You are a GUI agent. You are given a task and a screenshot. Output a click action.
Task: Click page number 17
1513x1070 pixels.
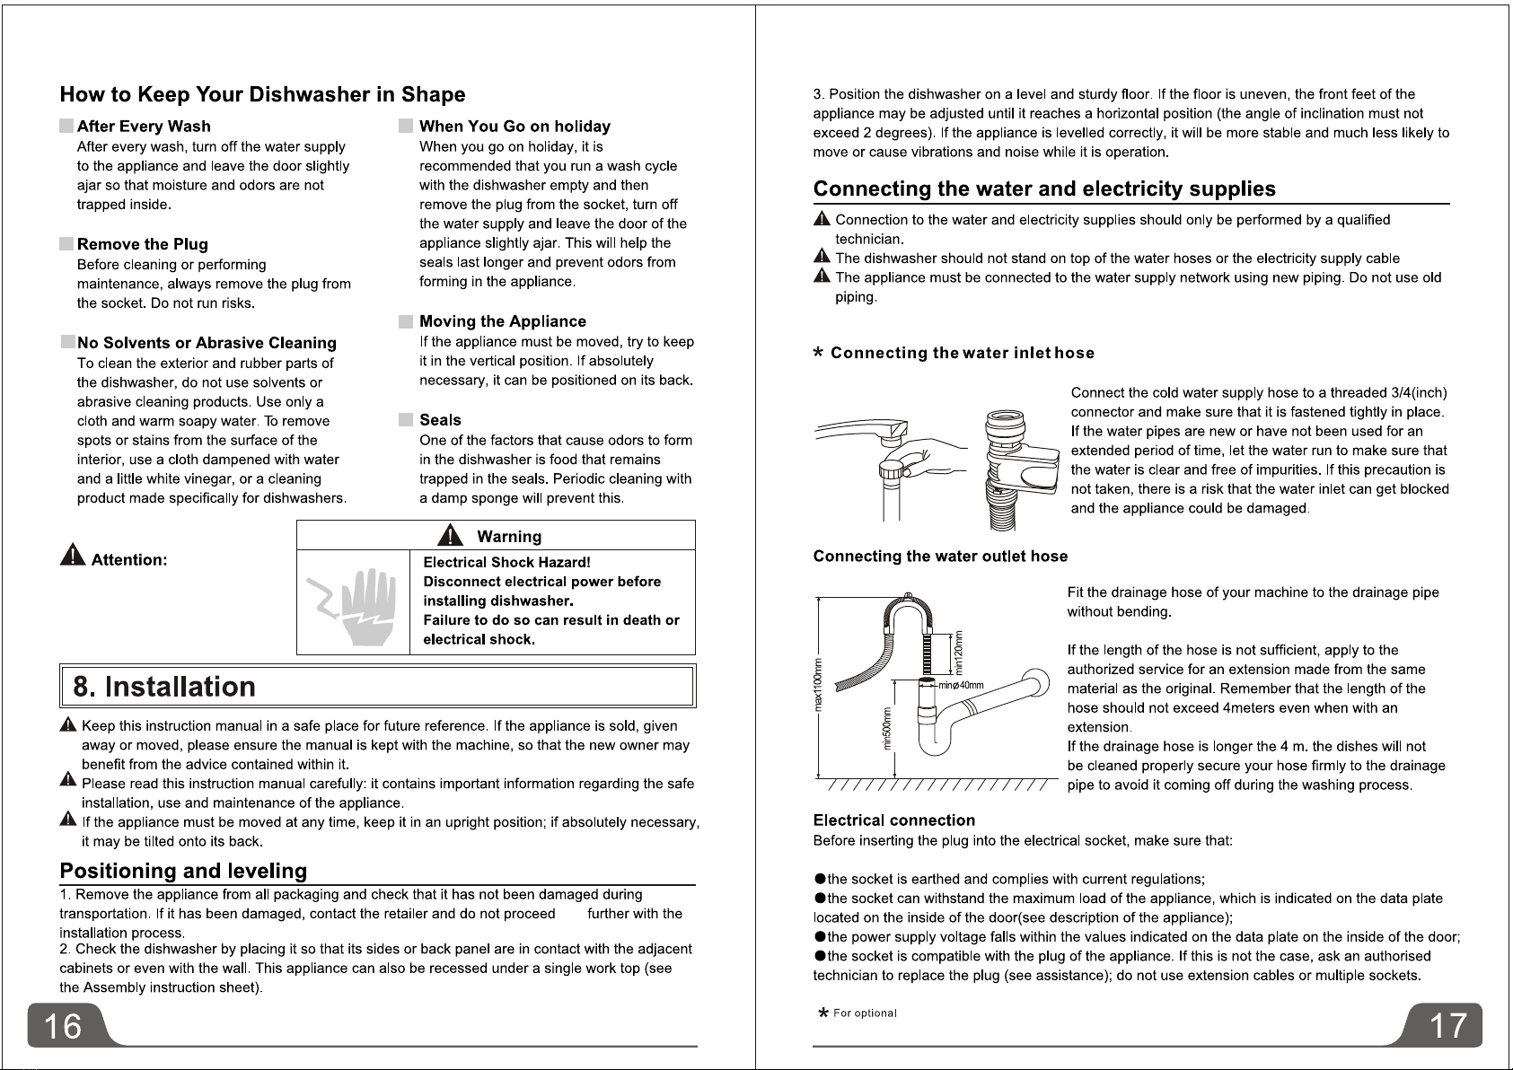coord(1447,1025)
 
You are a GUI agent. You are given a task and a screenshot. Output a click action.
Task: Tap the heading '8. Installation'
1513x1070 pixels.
coord(164,687)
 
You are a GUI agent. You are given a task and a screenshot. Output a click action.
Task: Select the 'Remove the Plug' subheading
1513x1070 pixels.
coord(142,244)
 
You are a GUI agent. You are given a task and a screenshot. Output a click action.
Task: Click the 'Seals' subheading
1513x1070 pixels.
coord(440,419)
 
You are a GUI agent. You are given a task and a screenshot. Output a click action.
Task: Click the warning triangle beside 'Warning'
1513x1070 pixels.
coord(449,536)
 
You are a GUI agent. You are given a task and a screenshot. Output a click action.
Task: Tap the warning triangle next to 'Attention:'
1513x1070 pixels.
coord(72,557)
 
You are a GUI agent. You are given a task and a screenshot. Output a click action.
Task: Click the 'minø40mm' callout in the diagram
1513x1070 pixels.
coord(962,685)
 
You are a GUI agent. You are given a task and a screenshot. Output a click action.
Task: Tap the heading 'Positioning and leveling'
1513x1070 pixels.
coord(183,871)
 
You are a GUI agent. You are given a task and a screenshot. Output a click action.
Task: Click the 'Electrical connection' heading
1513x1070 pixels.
coord(893,820)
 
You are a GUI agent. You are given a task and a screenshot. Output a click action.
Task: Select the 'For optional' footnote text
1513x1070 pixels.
coord(865,1013)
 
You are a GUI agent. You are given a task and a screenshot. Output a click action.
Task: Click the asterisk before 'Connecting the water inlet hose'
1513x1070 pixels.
coord(818,354)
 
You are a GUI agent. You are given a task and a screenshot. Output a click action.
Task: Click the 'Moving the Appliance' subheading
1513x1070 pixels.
coord(502,321)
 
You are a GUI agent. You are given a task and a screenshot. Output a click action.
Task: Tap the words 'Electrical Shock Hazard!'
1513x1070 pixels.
coord(506,562)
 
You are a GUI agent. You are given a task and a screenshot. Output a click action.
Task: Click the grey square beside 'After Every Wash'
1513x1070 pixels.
coord(66,127)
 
